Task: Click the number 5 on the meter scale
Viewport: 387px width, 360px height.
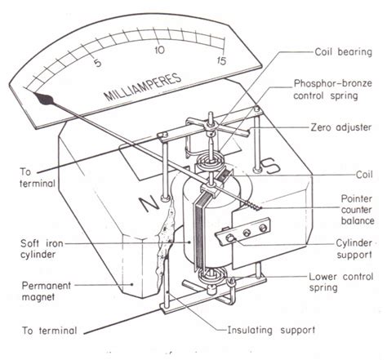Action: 98,63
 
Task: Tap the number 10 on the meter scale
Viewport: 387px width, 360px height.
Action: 161,50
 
